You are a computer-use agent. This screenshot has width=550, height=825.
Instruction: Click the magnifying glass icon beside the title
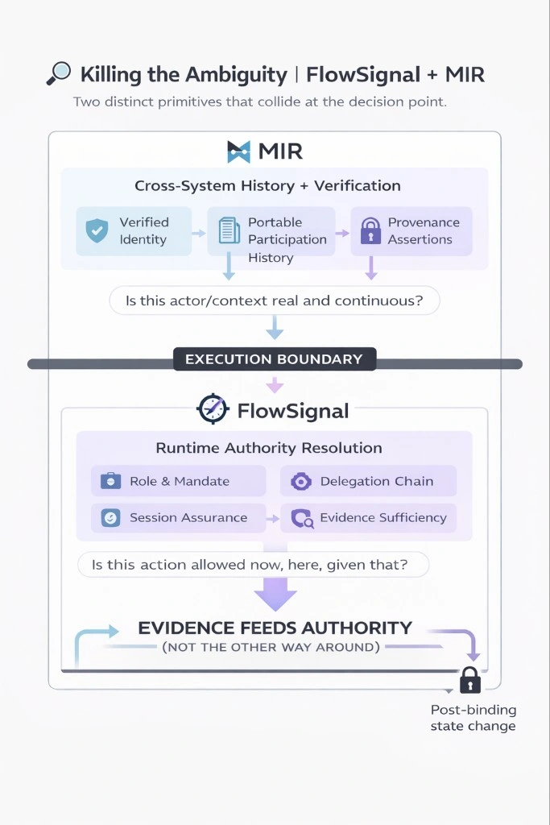[x=59, y=74]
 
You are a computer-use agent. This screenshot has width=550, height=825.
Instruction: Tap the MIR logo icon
[x=240, y=151]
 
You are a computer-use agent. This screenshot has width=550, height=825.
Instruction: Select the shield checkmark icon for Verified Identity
[x=97, y=230]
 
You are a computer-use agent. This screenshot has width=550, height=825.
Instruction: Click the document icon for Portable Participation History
[x=230, y=231]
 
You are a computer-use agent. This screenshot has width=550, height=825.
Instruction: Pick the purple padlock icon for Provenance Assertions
[x=370, y=231]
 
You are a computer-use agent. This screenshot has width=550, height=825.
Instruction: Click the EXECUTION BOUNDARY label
[x=274, y=359]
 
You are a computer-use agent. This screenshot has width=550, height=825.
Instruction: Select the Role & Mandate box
[x=179, y=481]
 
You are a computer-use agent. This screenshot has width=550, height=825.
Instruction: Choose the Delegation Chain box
[x=368, y=481]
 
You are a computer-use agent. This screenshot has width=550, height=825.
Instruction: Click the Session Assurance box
[x=179, y=518]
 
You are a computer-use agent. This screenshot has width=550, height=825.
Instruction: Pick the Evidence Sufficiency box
[x=368, y=518]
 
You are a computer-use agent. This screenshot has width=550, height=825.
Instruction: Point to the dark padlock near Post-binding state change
[x=469, y=682]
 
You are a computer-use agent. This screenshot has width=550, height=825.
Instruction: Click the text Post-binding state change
[x=473, y=718]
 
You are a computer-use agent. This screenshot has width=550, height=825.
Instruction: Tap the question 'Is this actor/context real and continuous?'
[x=274, y=301]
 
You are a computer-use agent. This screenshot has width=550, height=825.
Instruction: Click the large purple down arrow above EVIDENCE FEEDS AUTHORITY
[x=275, y=595]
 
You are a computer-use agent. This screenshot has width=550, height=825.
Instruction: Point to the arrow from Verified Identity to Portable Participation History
[x=199, y=232]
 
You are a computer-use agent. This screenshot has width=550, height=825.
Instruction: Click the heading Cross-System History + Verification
[x=267, y=186]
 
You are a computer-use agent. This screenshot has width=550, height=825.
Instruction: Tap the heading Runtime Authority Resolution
[x=269, y=448]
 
